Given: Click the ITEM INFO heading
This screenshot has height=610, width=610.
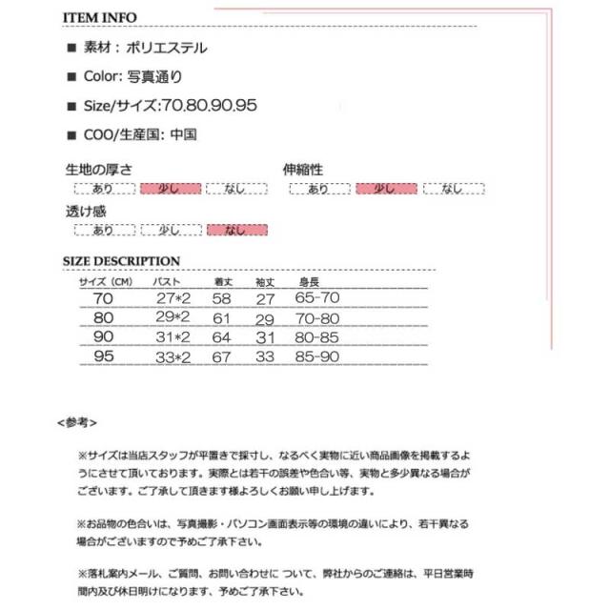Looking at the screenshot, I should [x=99, y=17].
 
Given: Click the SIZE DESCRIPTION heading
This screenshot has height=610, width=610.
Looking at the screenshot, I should [x=121, y=261].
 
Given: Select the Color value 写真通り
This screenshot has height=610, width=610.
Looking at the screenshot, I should [x=154, y=77].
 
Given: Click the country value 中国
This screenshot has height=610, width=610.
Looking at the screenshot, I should [x=183, y=134].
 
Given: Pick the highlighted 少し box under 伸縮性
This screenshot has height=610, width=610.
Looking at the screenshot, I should [x=385, y=189].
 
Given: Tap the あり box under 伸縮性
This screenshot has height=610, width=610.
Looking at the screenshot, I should [x=318, y=189].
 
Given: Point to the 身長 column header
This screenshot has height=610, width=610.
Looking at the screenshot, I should [x=309, y=282].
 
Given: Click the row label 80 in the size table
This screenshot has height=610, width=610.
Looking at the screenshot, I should [x=101, y=317].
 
